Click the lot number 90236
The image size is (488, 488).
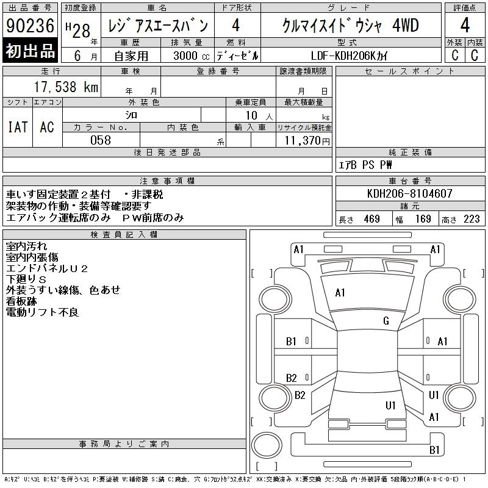(30, 25)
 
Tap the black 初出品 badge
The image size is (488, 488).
(30, 51)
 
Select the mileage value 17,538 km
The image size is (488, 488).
(66, 87)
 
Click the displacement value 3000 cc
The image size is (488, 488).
(191, 56)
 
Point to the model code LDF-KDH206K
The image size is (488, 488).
(343, 56)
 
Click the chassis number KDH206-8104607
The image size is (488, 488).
(409, 193)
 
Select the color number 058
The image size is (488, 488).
(101, 140)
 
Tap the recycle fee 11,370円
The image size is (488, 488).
(307, 141)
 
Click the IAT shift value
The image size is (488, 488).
(18, 127)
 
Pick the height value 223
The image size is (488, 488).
(472, 219)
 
